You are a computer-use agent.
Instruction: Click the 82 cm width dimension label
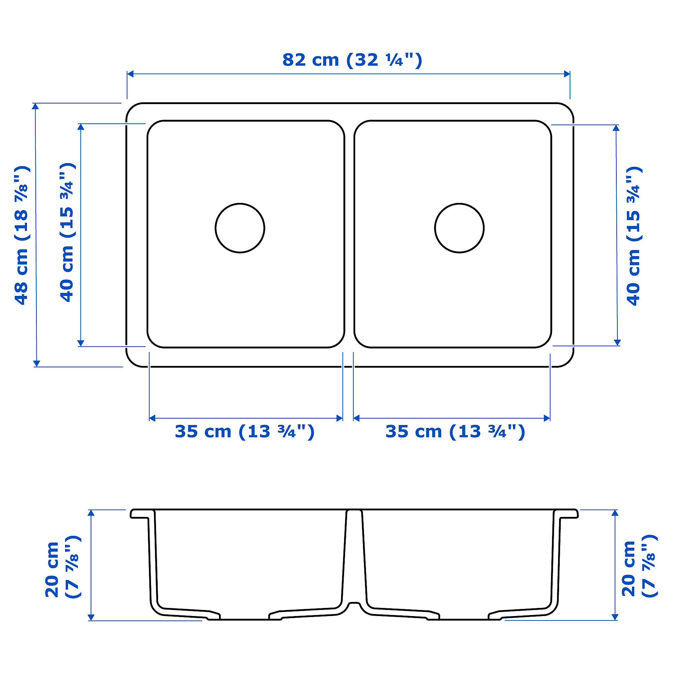point(353,60)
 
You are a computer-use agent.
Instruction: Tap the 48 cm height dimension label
point(22,236)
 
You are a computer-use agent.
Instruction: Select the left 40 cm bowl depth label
point(67,232)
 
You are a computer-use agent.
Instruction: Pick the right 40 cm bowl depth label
point(634,236)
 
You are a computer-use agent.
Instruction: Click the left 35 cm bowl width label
point(245,432)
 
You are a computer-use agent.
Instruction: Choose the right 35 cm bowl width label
point(455,432)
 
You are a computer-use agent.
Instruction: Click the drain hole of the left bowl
point(240,228)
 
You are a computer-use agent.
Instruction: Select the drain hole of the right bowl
point(459,228)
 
